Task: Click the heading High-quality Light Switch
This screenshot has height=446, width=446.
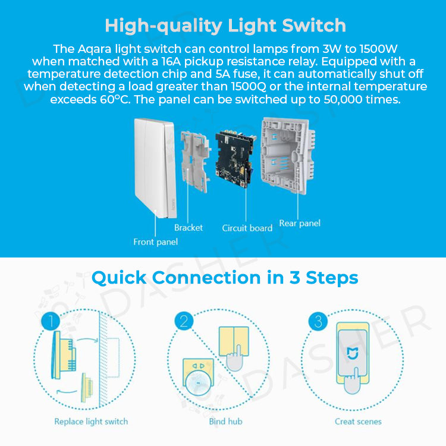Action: (225, 26)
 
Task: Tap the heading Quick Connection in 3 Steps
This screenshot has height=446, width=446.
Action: (225, 278)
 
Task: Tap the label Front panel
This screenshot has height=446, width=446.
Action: (155, 242)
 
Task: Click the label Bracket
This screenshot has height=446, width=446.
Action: (189, 228)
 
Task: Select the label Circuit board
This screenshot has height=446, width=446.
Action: (247, 228)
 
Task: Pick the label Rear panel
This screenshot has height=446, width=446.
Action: (300, 224)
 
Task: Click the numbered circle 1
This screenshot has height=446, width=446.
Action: (51, 322)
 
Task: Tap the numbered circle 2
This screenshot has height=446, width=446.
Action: (184, 322)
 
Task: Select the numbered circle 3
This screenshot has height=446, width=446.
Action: (318, 322)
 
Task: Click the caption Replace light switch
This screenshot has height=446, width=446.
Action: (91, 422)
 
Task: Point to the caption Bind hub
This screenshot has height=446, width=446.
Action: (225, 422)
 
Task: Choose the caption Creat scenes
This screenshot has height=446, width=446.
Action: (357, 422)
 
